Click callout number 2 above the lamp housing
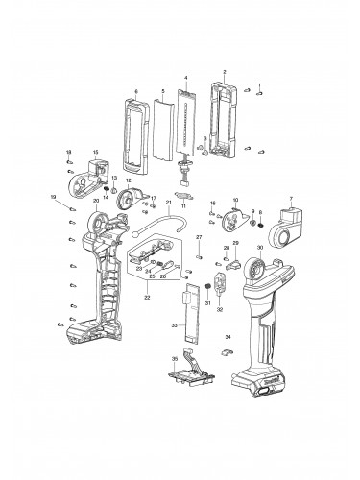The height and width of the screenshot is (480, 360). point(224,73)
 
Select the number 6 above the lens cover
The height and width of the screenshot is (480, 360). point(136,90)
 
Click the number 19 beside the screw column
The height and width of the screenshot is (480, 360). point(54,198)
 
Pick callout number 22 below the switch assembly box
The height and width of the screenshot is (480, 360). point(147,298)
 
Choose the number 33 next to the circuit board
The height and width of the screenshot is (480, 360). point(174,326)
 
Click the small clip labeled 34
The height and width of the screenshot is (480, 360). point(228,352)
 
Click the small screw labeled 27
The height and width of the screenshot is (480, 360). point(199,255)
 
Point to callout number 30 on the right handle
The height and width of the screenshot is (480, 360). point(259,247)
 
